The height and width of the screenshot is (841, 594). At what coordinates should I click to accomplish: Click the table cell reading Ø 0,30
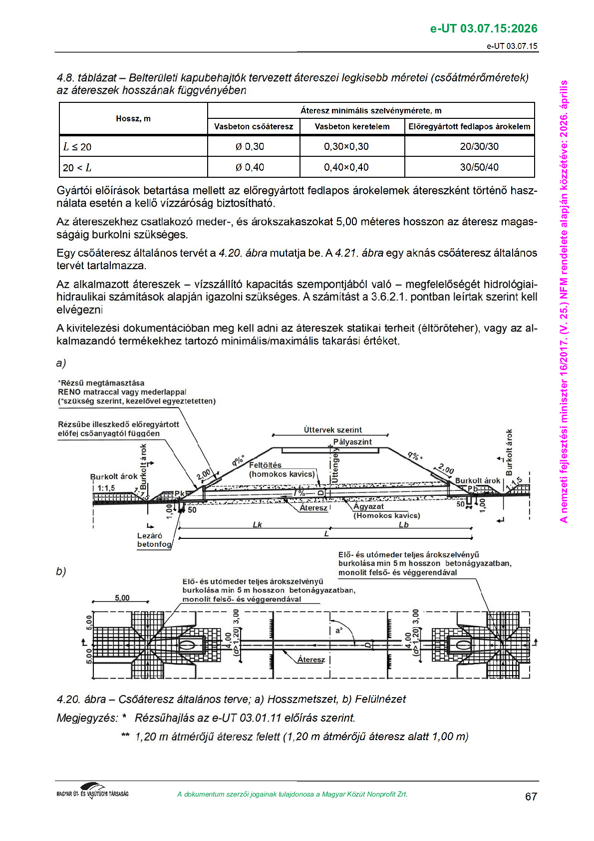coord(250,146)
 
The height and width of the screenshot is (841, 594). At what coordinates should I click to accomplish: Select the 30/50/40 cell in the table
coord(479,167)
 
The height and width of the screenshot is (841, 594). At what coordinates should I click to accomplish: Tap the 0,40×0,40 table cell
coord(346,167)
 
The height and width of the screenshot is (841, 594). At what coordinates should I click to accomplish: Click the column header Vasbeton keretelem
coord(352,126)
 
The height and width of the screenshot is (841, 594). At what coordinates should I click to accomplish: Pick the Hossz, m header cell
coord(133,118)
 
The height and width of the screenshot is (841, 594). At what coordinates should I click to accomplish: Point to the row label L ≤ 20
coord(77,146)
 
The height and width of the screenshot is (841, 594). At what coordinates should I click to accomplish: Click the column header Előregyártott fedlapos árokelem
coord(469,126)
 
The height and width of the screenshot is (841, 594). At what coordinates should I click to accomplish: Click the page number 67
coord(531,796)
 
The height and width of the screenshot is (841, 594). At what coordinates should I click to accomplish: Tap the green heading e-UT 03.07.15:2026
coord(484,28)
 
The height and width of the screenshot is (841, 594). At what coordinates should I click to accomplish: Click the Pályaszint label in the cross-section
coord(352,441)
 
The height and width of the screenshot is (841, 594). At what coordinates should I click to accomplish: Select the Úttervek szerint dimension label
coord(333,429)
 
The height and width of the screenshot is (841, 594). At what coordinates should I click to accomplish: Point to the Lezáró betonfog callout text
coord(154,540)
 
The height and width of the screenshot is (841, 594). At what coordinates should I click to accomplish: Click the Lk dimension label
coord(258,524)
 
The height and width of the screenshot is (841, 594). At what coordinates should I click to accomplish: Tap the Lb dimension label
coord(403,524)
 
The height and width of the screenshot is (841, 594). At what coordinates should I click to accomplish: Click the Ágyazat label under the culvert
coord(368,506)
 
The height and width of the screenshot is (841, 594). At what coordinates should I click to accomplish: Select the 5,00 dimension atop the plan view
coord(122,598)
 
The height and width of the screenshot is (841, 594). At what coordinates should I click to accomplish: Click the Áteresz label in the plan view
coord(311,659)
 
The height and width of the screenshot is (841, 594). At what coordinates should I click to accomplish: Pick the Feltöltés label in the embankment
coord(265,465)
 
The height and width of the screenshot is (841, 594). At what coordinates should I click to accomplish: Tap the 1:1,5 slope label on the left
coord(106,487)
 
